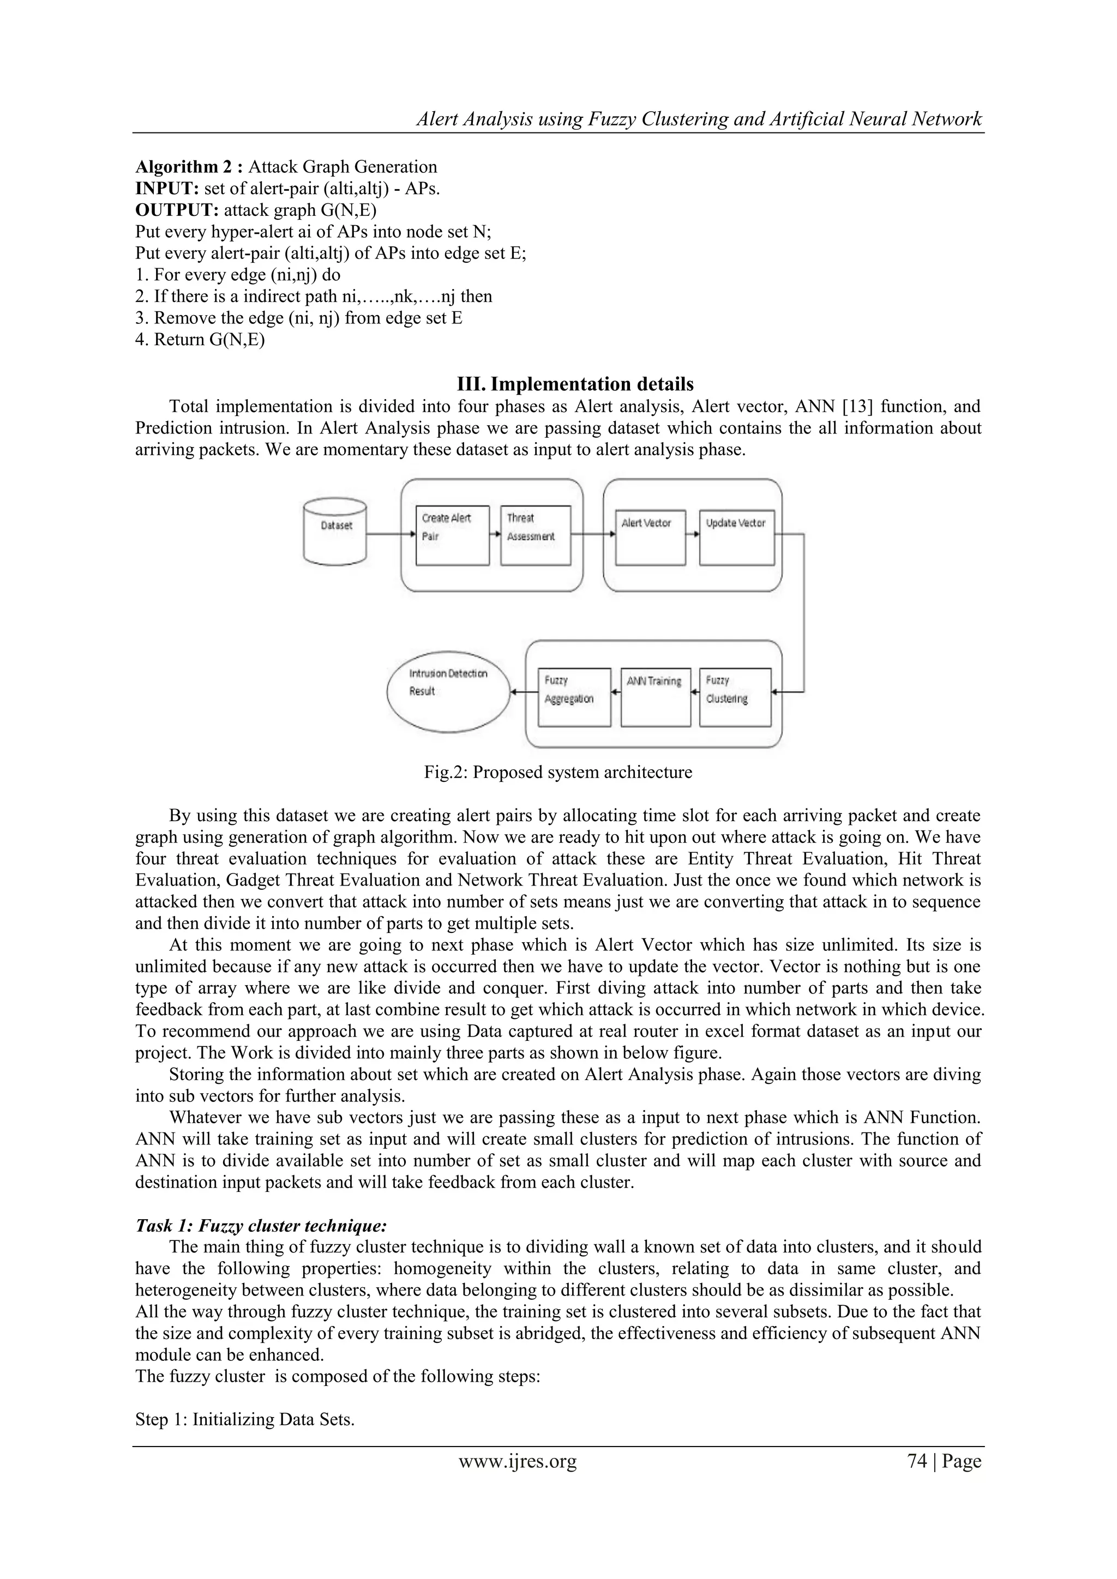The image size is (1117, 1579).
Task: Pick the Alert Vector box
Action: [651, 538]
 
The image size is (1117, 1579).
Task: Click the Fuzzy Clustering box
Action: [735, 697]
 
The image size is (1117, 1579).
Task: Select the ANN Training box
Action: [655, 697]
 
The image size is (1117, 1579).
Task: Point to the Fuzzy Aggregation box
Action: [574, 697]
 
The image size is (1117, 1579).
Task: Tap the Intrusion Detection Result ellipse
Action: [448, 692]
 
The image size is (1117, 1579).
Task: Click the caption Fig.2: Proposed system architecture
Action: [558, 772]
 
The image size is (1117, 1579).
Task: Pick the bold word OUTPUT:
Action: [177, 210]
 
